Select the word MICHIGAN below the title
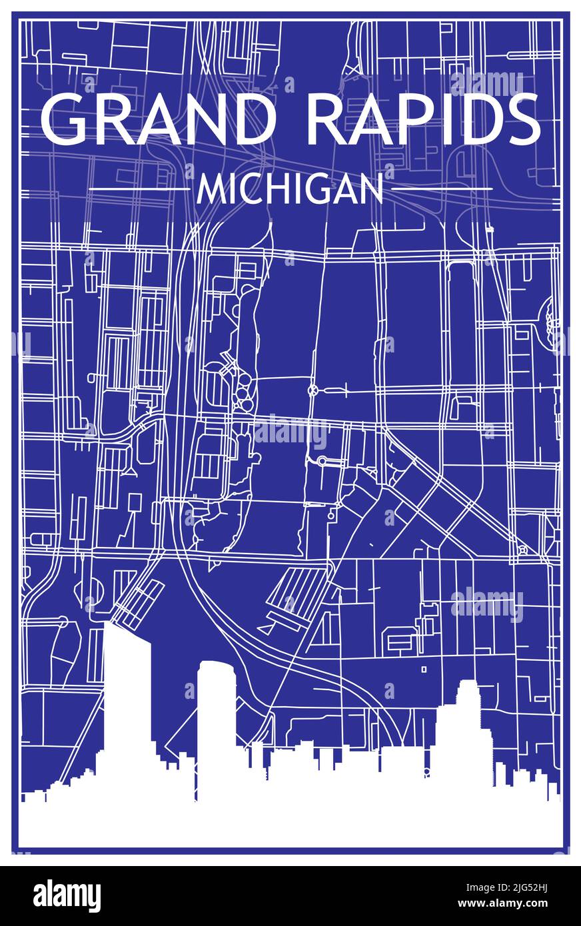pos(290,190)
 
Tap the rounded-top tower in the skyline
pos(216,713)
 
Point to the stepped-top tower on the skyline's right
pos(466,733)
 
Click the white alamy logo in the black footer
pos(67,896)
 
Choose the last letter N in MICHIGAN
pos(372,191)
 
